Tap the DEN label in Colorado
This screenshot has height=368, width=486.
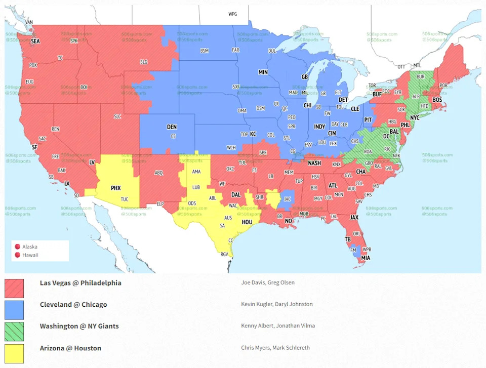tap(172, 127)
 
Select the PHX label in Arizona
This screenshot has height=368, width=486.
tap(116, 188)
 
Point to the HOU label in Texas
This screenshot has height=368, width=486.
tap(247, 222)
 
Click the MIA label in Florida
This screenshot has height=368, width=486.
tap(365, 258)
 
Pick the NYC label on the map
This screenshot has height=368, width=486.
tap(415, 117)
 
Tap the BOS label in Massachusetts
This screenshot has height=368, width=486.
tap(437, 100)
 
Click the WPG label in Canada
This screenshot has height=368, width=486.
tap(232, 14)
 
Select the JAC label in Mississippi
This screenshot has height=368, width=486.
tap(288, 199)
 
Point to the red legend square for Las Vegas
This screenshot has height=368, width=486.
tap(14, 288)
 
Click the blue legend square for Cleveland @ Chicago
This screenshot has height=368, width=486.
tap(14, 310)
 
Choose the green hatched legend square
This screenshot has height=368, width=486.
tap(14, 332)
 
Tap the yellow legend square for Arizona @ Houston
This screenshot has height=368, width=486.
tap(14, 353)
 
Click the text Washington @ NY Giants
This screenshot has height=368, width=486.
tap(79, 326)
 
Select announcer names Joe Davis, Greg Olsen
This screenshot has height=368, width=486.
tap(267, 282)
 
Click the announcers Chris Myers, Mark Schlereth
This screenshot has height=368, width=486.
tap(275, 348)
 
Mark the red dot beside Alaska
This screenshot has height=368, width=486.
tap(17, 247)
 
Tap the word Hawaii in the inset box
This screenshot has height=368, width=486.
tap(30, 255)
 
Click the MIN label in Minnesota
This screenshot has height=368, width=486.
tap(263, 72)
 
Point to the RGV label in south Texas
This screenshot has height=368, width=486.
tap(224, 254)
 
